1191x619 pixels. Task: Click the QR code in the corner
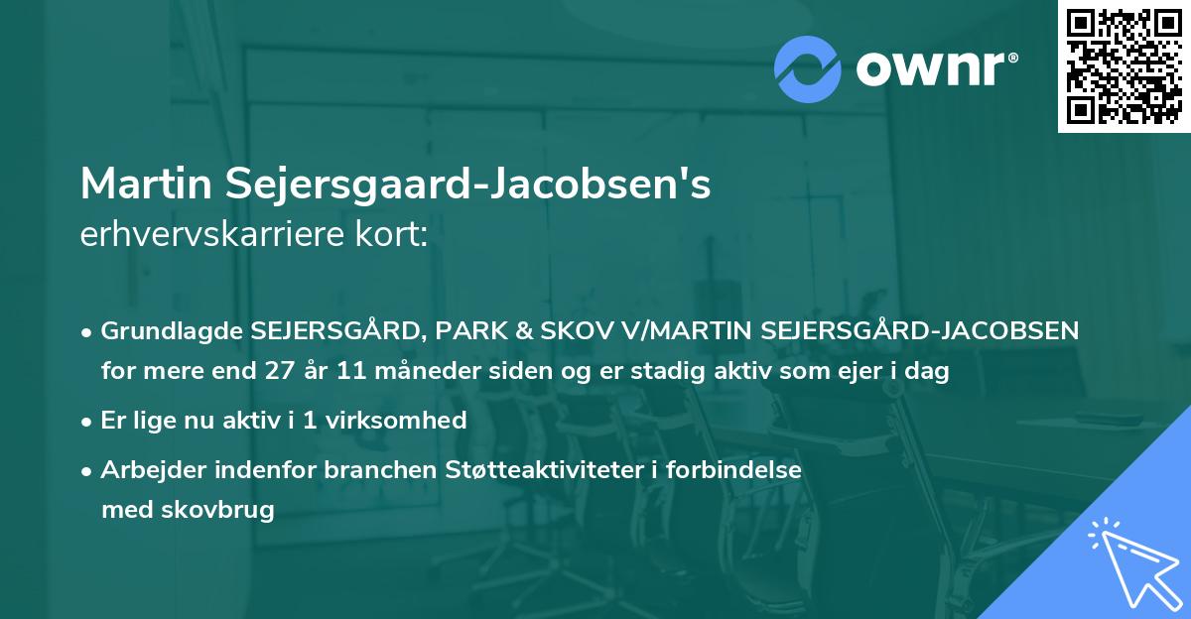click(1124, 65)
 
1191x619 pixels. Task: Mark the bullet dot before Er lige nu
click(88, 422)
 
